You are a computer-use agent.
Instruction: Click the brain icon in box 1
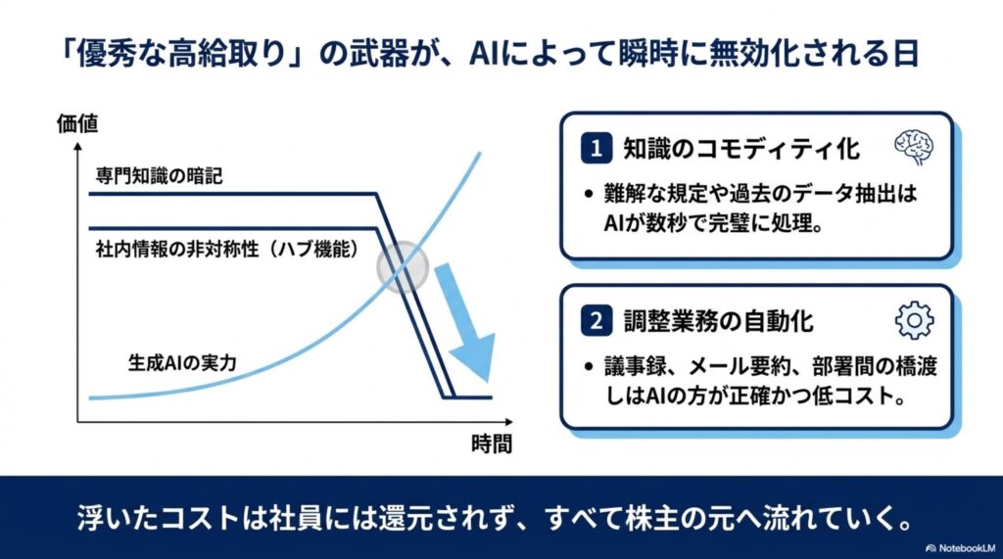pyautogui.click(x=914, y=148)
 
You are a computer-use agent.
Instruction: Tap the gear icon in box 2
pyautogui.click(x=914, y=320)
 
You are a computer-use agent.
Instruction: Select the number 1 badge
pyautogui.click(x=597, y=149)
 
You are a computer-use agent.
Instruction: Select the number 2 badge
pyautogui.click(x=597, y=320)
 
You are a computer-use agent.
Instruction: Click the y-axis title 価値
pyautogui.click(x=77, y=123)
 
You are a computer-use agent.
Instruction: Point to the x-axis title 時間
pyautogui.click(x=492, y=443)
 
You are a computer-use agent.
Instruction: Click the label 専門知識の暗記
pyautogui.click(x=160, y=176)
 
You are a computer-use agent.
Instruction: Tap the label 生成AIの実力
pyautogui.click(x=182, y=363)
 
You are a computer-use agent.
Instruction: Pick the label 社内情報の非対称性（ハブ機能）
pyautogui.click(x=227, y=249)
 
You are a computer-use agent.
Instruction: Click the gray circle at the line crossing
pyautogui.click(x=403, y=266)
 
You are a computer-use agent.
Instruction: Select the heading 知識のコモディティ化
pyautogui.click(x=742, y=149)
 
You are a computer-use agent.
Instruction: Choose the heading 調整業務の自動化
pyautogui.click(x=718, y=320)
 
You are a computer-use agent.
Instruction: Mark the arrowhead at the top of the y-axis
pyautogui.click(x=78, y=147)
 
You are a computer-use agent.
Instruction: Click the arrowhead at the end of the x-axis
pyautogui.click(x=508, y=422)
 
